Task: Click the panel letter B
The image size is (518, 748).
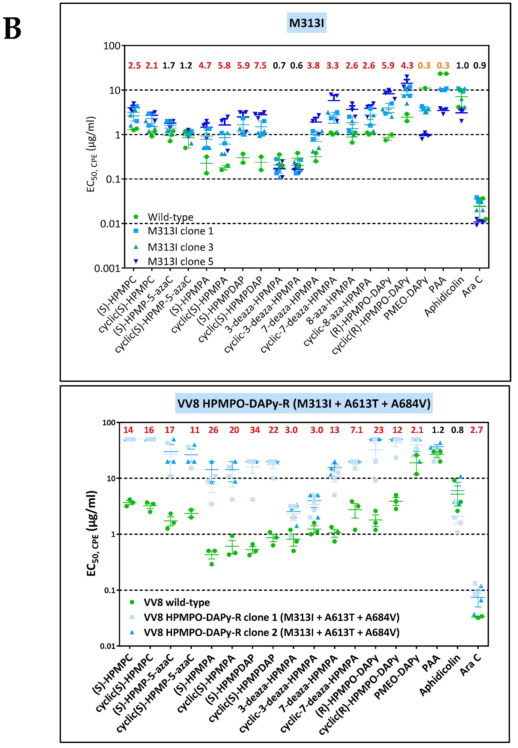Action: [x=12, y=29]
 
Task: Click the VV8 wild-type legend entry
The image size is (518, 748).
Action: [x=177, y=602]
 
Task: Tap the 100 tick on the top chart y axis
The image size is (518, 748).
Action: [x=112, y=46]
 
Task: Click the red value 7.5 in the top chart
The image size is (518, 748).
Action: [x=260, y=66]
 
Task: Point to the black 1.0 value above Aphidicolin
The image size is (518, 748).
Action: [x=462, y=66]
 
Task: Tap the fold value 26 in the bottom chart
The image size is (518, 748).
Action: [x=213, y=430]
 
